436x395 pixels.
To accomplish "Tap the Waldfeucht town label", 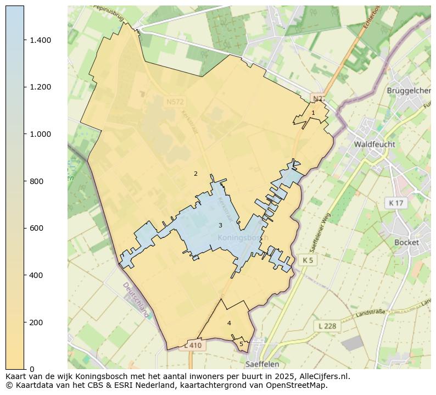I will point(374,144).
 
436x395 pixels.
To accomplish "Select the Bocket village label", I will point(406,242).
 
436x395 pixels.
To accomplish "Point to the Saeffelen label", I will point(262,364).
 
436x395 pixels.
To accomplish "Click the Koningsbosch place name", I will point(243,238).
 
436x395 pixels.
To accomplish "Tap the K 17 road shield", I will point(395,203).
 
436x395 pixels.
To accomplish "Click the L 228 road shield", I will point(327,326).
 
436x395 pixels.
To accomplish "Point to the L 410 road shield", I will point(193,346).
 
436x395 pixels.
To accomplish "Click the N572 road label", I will point(176,102).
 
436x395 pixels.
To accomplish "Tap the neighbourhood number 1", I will point(313,113).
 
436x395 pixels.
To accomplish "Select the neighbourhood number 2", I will point(195,174).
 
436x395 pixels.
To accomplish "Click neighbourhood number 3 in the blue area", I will point(220,225).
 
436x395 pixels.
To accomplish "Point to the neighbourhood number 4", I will point(229,323).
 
